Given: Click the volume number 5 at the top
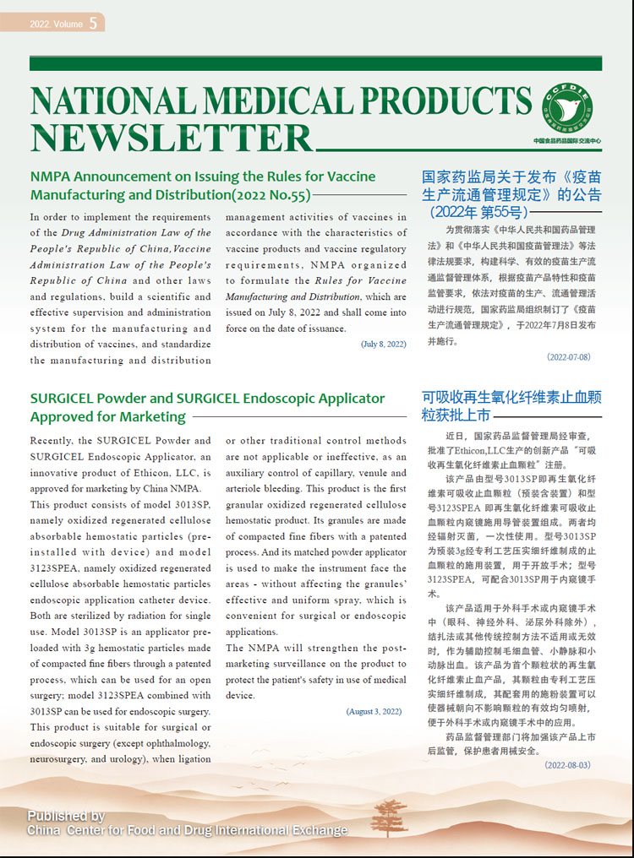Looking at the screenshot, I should (x=92, y=24).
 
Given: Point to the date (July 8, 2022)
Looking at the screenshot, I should (x=383, y=345).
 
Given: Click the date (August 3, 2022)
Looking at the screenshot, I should (x=374, y=712).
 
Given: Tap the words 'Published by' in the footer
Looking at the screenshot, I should (x=66, y=816).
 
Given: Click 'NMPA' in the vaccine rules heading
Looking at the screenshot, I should (x=52, y=177).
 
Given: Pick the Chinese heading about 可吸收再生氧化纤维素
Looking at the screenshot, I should (x=511, y=405).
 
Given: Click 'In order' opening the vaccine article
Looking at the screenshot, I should (x=55, y=217).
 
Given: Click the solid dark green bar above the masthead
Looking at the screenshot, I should (x=315, y=64).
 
